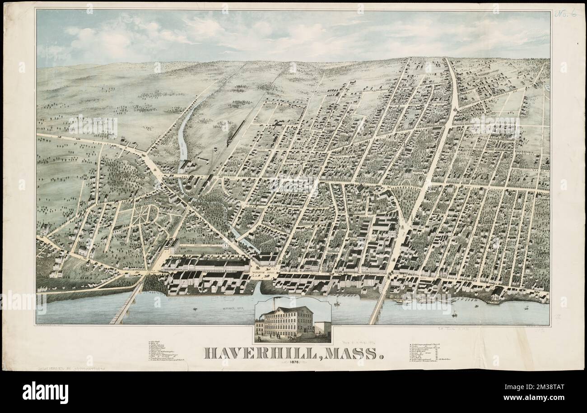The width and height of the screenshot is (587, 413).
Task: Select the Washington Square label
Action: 263,272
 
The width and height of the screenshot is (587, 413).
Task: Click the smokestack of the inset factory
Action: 274,303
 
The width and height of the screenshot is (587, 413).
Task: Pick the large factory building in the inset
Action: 289,321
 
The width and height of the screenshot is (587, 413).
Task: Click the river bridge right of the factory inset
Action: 378,302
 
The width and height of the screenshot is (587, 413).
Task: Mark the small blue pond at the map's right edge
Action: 547,86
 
